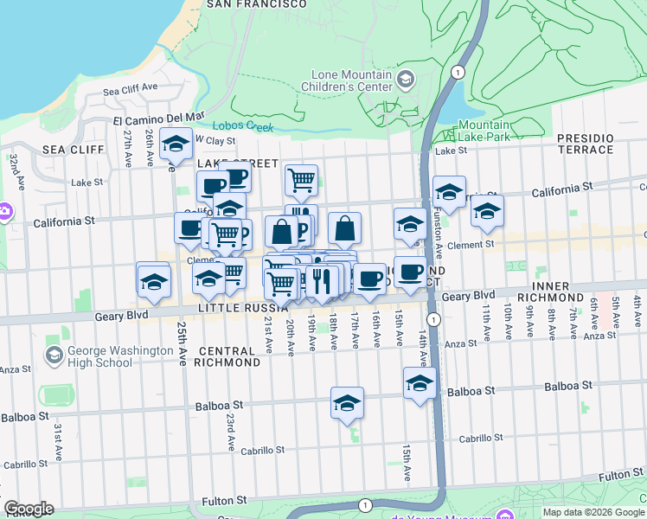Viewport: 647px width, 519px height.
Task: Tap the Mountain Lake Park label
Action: (484, 131)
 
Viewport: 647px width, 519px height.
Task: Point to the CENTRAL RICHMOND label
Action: (228, 356)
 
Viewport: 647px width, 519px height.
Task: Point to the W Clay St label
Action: (215, 139)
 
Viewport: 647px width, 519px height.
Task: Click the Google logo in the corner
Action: (29, 509)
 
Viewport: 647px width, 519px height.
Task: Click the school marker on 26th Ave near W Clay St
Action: (176, 145)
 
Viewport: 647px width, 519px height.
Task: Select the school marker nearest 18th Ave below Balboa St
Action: (348, 403)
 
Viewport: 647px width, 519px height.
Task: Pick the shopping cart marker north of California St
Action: (301, 180)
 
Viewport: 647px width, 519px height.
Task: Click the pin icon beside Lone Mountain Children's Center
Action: (405, 80)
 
